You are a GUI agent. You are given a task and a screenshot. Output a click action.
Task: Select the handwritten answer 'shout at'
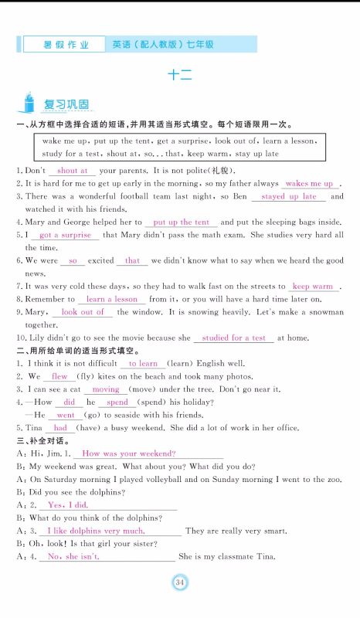click(73, 170)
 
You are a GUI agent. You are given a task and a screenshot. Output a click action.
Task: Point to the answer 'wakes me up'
click(309, 184)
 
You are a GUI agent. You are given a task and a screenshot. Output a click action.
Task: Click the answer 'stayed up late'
click(290, 196)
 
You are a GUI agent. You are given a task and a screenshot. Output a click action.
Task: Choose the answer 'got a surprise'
click(65, 235)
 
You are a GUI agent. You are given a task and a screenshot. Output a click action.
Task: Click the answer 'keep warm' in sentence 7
click(313, 287)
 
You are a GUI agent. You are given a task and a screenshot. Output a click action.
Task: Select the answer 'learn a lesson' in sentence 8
click(112, 299)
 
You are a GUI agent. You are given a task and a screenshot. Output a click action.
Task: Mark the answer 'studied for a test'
click(234, 338)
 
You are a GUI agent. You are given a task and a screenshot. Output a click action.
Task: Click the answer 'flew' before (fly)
click(59, 376)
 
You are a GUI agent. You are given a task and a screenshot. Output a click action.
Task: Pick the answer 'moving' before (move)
click(106, 389)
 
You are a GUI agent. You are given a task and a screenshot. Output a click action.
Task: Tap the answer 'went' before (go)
click(66, 415)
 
